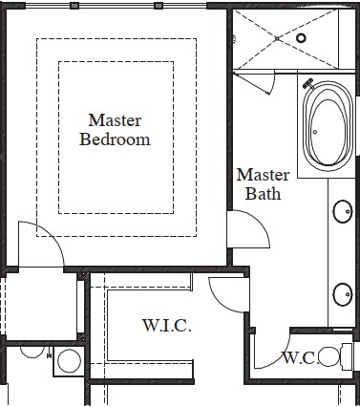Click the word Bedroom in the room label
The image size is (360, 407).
pyautogui.click(x=115, y=139)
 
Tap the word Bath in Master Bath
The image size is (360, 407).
pyautogui.click(x=263, y=193)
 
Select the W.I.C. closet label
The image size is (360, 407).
pyautogui.click(x=167, y=326)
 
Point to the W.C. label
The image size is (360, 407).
pyautogui.click(x=301, y=358)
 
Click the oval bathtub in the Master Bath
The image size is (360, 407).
pyautogui.click(x=328, y=126)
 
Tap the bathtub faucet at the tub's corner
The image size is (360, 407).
pyautogui.click(x=308, y=84)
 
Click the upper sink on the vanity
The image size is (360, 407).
pyautogui.click(x=343, y=211)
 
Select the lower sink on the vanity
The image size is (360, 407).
pyautogui.click(x=343, y=294)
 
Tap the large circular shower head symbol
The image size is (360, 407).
pyautogui.click(x=301, y=38)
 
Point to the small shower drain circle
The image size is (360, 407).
pyautogui.click(x=277, y=38)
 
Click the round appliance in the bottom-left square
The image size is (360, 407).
pyautogui.click(x=69, y=361)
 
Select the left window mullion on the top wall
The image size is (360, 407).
pyautogui.click(x=74, y=6)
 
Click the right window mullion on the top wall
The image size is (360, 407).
pyautogui.click(x=159, y=6)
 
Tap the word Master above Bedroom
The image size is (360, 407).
pyautogui.click(x=115, y=120)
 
